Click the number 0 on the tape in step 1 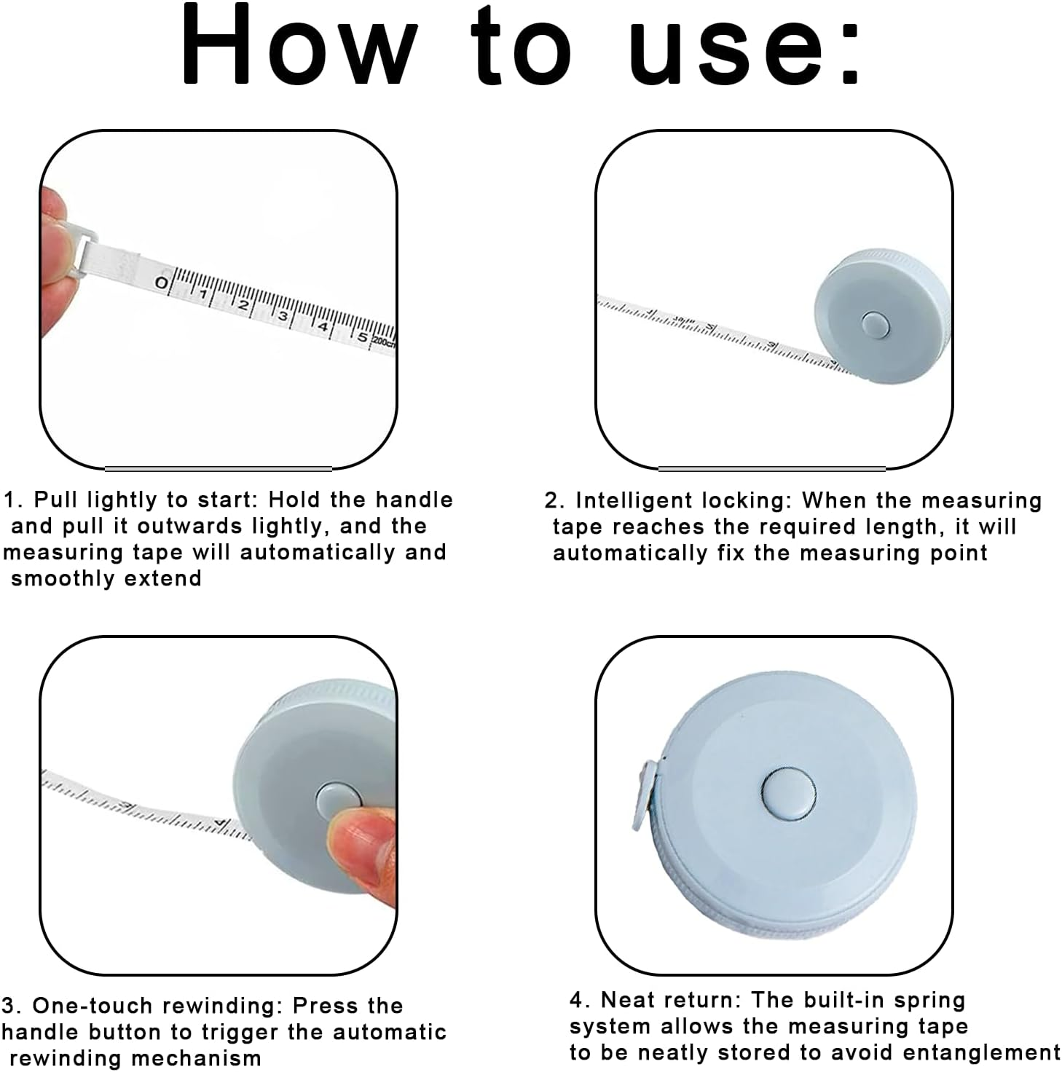(161, 283)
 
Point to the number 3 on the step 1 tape (283, 316)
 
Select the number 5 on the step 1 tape (362, 337)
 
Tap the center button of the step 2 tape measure (875, 325)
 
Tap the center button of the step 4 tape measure (788, 794)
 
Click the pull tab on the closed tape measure (645, 796)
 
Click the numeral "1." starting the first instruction (13, 500)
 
